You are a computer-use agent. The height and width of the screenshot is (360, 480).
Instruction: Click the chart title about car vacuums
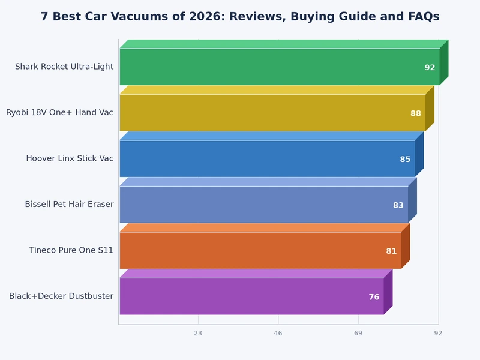coord(240,16)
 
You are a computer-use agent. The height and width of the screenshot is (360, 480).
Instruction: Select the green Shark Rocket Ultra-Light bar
coord(279,67)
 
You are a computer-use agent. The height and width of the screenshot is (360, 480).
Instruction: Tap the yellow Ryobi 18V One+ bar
coord(272,113)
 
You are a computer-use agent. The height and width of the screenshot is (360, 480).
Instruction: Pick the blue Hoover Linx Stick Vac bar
coord(267,158)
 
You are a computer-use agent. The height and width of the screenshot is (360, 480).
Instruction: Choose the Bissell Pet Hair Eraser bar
coord(263,205)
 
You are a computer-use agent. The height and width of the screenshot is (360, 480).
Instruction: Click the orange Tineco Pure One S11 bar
coord(260,250)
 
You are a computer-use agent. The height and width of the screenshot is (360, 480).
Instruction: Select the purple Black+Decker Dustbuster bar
coord(251,296)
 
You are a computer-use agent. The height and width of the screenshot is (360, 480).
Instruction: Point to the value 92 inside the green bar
coord(430,68)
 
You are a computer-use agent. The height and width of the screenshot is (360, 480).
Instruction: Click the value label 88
coord(416,113)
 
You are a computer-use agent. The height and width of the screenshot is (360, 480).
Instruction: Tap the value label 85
coord(406,159)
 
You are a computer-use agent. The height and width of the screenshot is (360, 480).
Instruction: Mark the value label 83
coord(398,205)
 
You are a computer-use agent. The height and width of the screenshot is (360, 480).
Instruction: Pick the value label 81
coord(391,251)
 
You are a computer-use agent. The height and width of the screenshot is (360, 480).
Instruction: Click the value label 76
coord(374,297)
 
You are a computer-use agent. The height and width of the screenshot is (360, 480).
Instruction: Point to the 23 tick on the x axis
coord(198,332)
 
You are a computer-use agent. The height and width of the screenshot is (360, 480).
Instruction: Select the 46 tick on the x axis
coord(278,332)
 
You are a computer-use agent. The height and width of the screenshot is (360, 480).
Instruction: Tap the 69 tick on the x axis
coord(358,332)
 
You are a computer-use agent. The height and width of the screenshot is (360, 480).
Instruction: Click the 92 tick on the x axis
coord(438,332)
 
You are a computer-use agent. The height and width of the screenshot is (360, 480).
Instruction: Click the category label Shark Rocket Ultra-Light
coord(64,67)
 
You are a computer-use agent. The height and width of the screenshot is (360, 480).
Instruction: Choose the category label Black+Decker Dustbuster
coord(61,296)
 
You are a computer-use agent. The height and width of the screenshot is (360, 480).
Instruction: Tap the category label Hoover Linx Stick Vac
coord(70,158)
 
